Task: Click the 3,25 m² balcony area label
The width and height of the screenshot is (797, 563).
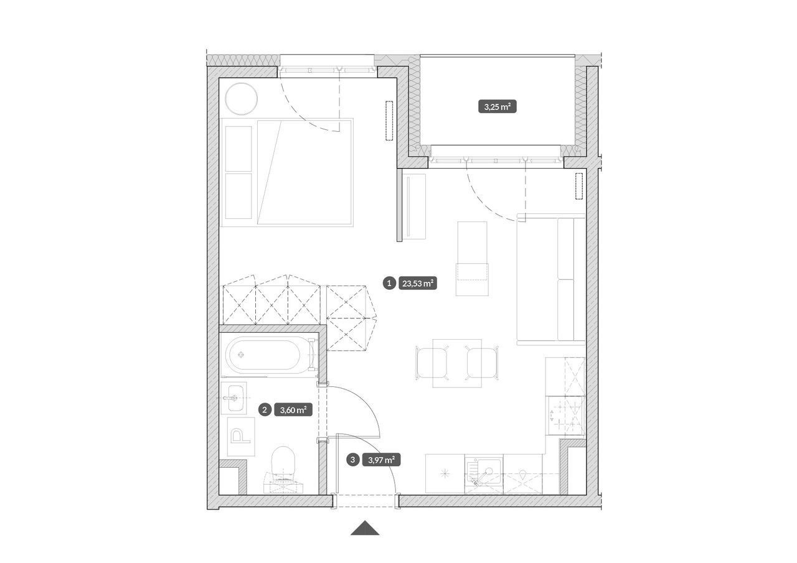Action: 497,106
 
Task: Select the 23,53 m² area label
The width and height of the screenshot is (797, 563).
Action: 417,283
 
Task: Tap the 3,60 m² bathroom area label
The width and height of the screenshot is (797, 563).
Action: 293,410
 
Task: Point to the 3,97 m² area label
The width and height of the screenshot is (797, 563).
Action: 382,460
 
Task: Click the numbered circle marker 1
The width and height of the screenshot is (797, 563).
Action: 389,283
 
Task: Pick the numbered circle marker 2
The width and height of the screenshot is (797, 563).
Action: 265,410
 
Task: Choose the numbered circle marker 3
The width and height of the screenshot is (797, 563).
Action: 352,460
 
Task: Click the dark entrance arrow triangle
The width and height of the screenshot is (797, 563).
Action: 365,528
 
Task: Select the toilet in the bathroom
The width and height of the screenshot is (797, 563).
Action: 283,468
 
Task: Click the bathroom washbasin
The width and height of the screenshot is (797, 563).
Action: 233,398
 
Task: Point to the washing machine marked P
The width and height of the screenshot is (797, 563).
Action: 241,437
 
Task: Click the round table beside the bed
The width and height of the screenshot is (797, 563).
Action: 242,98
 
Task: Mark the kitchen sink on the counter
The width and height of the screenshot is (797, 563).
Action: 484,474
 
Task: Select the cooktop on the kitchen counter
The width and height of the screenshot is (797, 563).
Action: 565,415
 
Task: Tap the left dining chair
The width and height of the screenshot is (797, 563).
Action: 432,363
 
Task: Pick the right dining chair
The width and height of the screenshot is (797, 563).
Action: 482,363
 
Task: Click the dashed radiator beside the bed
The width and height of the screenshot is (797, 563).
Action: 389,121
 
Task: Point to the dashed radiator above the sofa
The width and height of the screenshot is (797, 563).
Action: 579,186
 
